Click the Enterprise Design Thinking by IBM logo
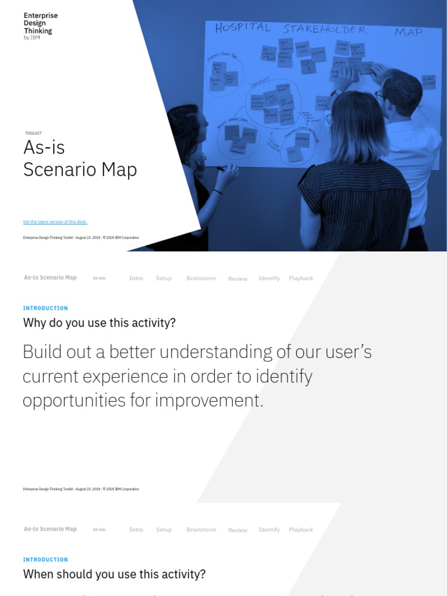tap(40, 26)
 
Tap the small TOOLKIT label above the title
tap(33, 133)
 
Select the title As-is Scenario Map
tap(80, 158)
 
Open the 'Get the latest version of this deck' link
tap(55, 222)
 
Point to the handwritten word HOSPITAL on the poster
tap(243, 27)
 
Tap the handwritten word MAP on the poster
tap(408, 32)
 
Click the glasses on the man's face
tap(379, 94)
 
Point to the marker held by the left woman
tap(220, 169)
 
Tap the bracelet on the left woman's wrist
tap(218, 191)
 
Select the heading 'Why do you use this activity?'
tap(99, 322)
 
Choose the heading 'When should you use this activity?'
tap(114, 574)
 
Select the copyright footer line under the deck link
tap(81, 237)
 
